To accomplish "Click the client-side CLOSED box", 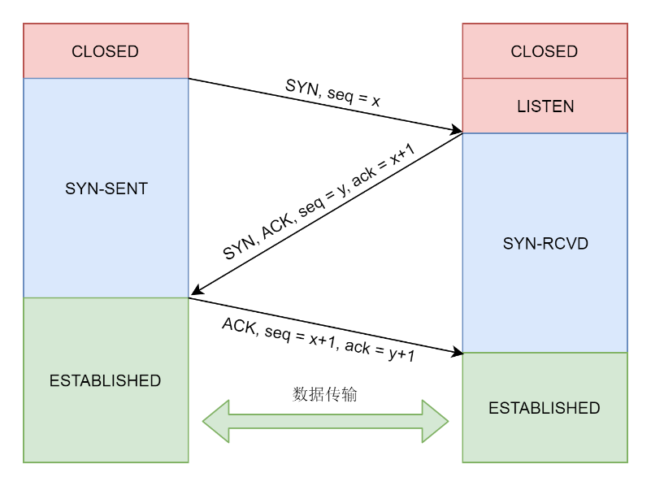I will [x=106, y=51].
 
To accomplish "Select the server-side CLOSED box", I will [x=545, y=51].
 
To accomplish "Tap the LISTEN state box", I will [x=545, y=106].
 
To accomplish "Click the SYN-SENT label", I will [x=106, y=189].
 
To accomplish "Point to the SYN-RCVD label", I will [x=545, y=243].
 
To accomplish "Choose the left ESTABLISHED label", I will [x=106, y=380].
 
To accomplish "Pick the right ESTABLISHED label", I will [x=545, y=408].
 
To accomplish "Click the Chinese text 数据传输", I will [x=325, y=395].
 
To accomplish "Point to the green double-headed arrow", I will [x=325, y=421].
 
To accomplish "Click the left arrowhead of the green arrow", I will [x=216, y=421].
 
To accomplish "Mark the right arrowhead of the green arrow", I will [x=436, y=421].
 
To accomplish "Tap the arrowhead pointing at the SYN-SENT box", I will [x=195, y=293].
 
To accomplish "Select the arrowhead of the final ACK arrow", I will [x=456, y=352].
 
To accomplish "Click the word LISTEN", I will [x=545, y=106].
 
